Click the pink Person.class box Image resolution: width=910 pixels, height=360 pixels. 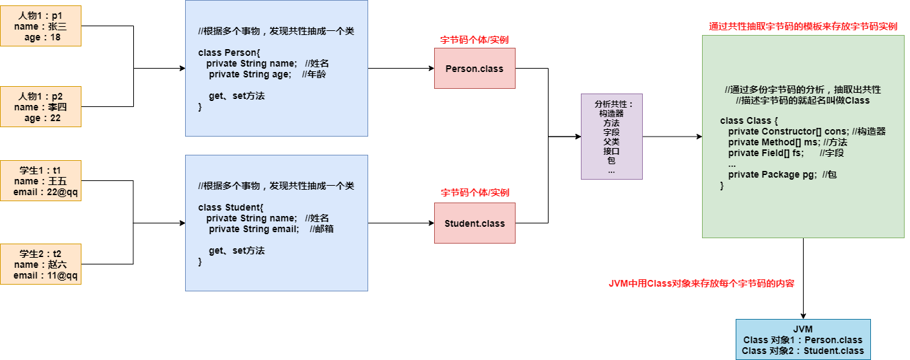point(475,68)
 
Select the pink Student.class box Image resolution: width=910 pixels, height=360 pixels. point(475,223)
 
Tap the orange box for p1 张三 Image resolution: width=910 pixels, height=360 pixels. point(41,26)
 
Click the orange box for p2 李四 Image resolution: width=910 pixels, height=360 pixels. point(41,107)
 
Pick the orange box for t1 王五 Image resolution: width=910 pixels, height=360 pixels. point(41,181)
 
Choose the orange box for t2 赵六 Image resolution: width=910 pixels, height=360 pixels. point(41,264)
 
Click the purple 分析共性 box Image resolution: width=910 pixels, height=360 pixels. point(611,137)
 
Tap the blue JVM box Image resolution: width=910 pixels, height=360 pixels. point(802,340)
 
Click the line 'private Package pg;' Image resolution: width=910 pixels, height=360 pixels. point(772,174)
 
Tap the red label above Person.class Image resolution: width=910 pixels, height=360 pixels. point(475,40)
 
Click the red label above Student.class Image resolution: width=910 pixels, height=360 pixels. point(475,192)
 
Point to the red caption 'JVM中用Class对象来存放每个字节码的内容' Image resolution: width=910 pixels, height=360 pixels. point(701,283)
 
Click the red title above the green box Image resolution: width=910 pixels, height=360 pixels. point(803,27)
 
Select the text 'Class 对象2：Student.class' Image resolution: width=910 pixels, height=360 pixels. point(802,351)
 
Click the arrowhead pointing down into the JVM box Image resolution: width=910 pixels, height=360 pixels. point(803,316)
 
